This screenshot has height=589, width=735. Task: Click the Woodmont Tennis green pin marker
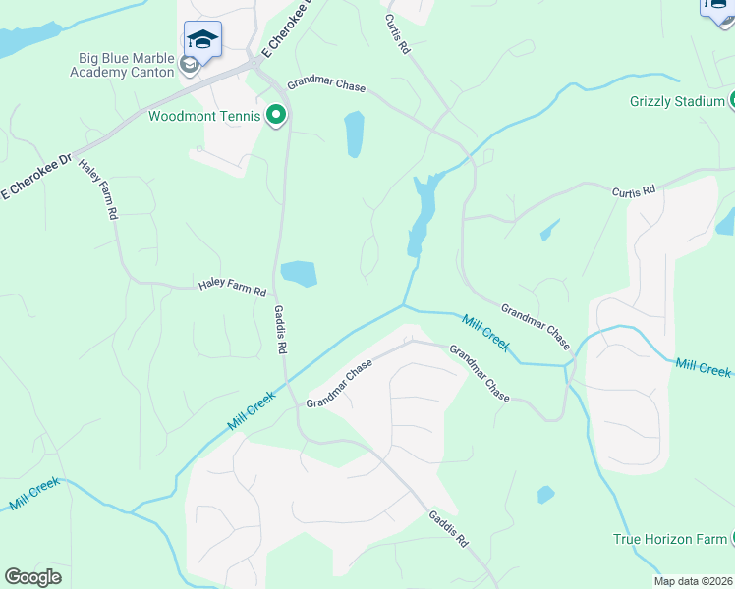[x=276, y=116]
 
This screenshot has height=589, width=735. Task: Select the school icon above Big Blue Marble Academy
[x=201, y=39]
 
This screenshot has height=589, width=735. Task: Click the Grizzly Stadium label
[x=676, y=101]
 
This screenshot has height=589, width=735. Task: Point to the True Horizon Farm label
[x=669, y=539]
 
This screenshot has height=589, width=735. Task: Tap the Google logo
[x=33, y=576]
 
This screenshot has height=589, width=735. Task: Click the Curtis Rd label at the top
[x=397, y=33]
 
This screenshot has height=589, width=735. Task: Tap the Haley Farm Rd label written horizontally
[x=232, y=291]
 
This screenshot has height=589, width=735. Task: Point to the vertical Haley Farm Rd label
[x=98, y=188]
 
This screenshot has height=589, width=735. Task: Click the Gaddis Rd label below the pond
[x=280, y=329]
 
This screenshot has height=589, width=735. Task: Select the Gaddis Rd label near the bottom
[x=448, y=528]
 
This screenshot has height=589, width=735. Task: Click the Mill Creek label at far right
[x=704, y=368]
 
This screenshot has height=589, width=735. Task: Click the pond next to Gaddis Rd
[x=299, y=273]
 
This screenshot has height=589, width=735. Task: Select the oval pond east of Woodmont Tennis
[x=354, y=134]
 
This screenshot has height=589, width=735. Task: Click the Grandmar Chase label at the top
[x=326, y=86]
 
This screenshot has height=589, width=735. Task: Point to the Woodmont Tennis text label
[x=204, y=117]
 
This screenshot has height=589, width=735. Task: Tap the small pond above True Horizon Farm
[x=545, y=495]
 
